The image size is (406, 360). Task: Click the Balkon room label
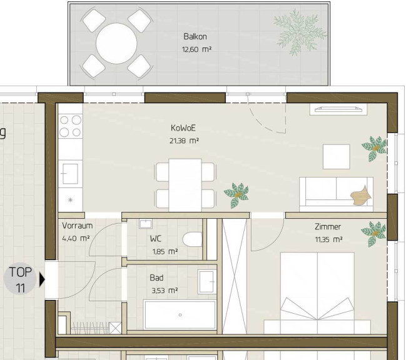coord(195,36)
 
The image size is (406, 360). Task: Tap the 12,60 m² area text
coord(197,49)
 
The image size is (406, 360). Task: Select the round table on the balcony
coord(116,44)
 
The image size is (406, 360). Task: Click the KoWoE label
coord(183,127)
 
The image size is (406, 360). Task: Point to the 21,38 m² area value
coord(184,141)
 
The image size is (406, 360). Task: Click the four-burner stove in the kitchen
coord(71,126)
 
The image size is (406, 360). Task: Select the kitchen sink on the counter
coord(70,174)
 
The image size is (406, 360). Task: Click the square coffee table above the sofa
coord(337,157)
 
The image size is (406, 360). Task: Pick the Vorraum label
coord(78,226)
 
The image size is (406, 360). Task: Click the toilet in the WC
coord(192,239)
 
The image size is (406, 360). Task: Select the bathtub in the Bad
coord(180,315)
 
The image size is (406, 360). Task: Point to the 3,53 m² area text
coord(165,291)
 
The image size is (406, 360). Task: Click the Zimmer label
coord(328,227)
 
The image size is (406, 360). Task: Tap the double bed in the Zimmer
coord(317,292)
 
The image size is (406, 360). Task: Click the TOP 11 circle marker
coord(20,280)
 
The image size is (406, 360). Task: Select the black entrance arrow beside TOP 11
coord(42,279)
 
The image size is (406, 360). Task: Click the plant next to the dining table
coord(236,195)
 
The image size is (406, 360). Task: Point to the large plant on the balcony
coord(300,32)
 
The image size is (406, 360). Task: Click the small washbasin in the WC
coord(146,224)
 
